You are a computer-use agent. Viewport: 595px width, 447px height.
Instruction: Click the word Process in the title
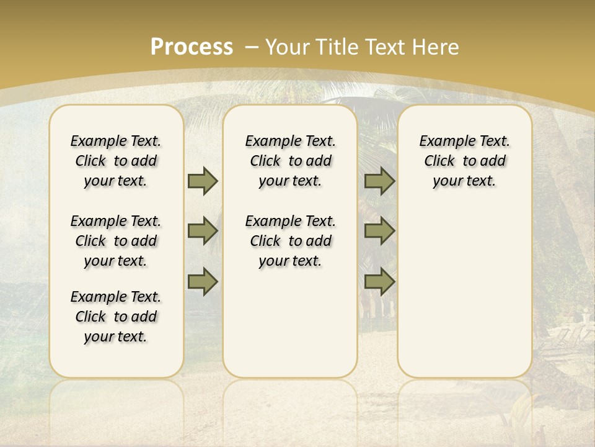coord(192,47)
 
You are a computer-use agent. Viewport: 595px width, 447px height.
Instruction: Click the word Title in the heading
coord(338,47)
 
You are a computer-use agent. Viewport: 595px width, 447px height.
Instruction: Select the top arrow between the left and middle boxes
coord(203,181)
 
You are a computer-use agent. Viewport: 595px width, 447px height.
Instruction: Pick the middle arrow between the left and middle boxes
coord(203,232)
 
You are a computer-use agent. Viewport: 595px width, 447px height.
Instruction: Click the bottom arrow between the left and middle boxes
coord(203,282)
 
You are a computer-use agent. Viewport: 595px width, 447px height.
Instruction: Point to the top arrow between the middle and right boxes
coord(379,181)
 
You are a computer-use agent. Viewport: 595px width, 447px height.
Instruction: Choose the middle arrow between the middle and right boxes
coord(379,232)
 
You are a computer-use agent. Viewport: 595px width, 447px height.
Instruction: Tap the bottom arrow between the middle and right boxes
coord(379,282)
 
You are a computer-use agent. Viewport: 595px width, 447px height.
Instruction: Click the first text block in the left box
coord(116,161)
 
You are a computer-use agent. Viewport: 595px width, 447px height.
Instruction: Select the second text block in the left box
coord(116,241)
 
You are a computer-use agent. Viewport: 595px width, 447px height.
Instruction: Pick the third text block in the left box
coord(116,317)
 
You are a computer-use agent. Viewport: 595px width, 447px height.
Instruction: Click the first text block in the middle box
coord(290,161)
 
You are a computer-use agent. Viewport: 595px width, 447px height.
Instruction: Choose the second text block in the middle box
coord(290,241)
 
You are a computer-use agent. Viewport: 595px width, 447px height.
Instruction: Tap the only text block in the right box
coord(464,161)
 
